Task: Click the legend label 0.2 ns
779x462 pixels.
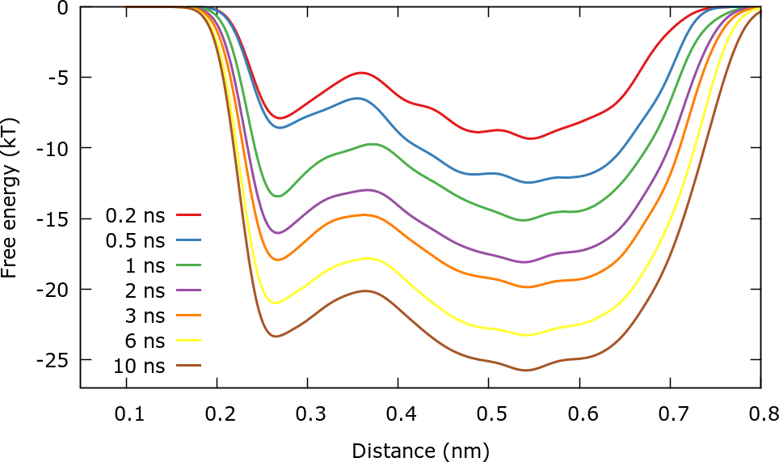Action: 135,216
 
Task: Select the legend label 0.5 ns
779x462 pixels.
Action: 135,241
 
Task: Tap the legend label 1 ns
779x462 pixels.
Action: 145,265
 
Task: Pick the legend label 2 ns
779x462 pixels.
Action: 145,290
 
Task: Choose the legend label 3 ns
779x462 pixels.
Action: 145,316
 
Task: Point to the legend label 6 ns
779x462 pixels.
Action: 145,341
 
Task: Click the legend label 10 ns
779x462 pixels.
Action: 139,366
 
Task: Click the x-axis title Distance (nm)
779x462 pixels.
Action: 420,447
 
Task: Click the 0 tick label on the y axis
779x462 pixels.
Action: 62,7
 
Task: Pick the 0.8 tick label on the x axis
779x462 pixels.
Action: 760,415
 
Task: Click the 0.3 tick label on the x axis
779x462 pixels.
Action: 307,415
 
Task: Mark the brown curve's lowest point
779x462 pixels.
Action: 526,370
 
